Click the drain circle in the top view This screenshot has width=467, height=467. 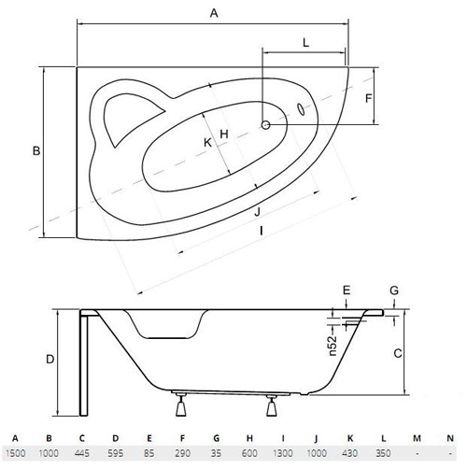(x=265, y=125)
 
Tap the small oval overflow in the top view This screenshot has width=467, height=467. (x=301, y=109)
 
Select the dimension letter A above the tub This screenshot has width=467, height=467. (x=214, y=13)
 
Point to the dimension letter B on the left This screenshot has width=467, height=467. (x=36, y=151)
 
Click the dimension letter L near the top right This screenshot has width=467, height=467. (x=306, y=43)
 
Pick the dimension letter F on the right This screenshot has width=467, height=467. (x=369, y=98)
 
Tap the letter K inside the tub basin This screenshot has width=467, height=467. (x=207, y=143)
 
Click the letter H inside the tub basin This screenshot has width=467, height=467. (x=224, y=134)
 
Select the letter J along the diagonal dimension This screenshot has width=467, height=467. (x=257, y=212)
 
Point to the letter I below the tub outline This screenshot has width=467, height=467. (x=262, y=231)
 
